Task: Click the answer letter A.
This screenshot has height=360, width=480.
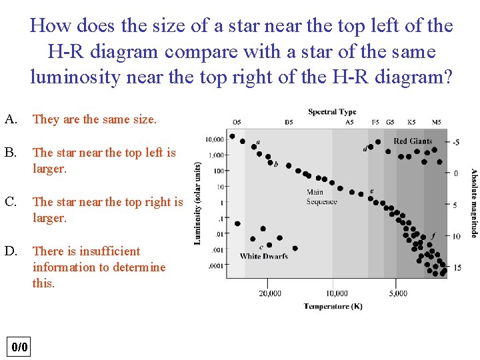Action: tap(10, 119)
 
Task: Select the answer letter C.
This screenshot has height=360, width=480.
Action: tap(10, 201)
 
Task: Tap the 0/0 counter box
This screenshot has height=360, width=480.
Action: tap(20, 347)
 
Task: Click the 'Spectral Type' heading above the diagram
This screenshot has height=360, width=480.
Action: tap(332, 111)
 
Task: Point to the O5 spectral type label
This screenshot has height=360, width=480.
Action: tap(237, 122)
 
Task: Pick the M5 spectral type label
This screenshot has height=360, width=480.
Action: tap(436, 122)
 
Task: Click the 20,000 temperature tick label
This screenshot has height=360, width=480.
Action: tap(269, 293)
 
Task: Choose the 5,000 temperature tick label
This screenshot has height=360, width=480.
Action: tap(397, 293)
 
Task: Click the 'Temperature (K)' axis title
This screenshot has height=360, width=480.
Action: tap(333, 306)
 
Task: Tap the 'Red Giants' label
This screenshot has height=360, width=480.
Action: tap(413, 141)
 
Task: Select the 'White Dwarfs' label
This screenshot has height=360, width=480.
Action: tap(263, 256)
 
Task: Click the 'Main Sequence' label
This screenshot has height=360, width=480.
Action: tap(321, 197)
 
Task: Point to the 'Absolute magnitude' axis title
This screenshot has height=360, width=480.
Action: tap(473, 202)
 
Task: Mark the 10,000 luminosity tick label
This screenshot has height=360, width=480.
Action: tap(215, 140)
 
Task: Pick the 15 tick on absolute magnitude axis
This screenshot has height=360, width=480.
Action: tap(457, 267)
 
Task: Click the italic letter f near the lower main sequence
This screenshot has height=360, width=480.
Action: tap(433, 235)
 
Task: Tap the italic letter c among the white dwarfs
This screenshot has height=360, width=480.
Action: tap(261, 247)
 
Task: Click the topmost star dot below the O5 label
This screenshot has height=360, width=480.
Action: tap(232, 136)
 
